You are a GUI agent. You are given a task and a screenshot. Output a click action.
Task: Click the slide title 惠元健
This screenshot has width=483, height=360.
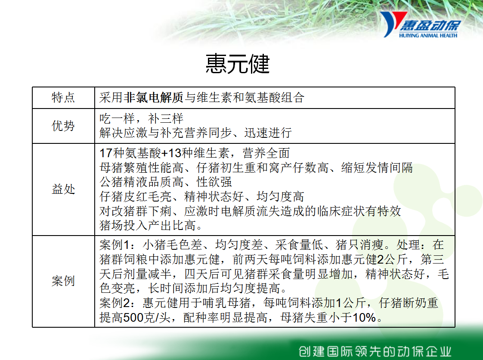coord(238,63)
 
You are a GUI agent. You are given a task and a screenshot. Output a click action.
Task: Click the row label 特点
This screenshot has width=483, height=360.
coord(63,97)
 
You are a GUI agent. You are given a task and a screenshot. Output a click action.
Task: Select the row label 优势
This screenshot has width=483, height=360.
coord(63,126)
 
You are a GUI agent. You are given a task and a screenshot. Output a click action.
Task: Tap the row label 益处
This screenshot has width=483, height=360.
coord(63,189)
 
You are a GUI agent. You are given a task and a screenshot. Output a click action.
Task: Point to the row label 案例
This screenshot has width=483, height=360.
coord(63,281)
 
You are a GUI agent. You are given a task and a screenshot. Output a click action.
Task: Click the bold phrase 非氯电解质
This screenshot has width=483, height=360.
coord(154,97)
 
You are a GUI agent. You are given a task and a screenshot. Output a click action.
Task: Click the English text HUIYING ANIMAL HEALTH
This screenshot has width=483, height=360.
coord(428,35)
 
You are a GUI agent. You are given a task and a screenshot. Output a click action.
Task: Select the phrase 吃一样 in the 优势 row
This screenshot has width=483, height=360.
coord(117,119)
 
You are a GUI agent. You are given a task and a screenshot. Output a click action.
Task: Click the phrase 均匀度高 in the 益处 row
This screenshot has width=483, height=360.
coord(280,197)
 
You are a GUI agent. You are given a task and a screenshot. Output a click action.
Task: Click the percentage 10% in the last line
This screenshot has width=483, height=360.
coord(364,317)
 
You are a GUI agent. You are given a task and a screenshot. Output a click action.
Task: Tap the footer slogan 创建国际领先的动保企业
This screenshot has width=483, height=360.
coord(375,351)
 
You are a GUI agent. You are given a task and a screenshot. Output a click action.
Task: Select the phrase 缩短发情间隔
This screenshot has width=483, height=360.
coord(377,168)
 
